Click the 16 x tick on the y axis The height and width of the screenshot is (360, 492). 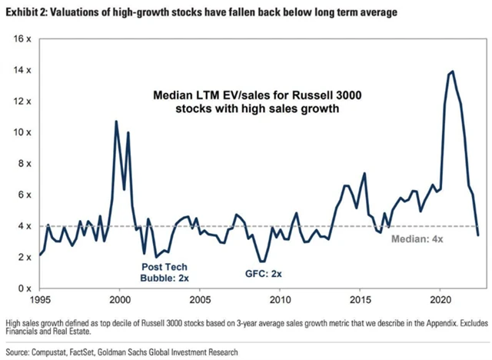(x=23, y=38)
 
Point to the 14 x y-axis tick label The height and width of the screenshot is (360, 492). (x=23, y=70)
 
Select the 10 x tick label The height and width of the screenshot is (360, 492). (x=23, y=132)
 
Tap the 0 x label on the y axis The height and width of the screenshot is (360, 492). (x=25, y=288)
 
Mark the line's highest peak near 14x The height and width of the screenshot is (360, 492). (x=452, y=72)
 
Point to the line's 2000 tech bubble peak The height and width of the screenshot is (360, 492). (x=116, y=122)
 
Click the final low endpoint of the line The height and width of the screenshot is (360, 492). (x=478, y=235)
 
